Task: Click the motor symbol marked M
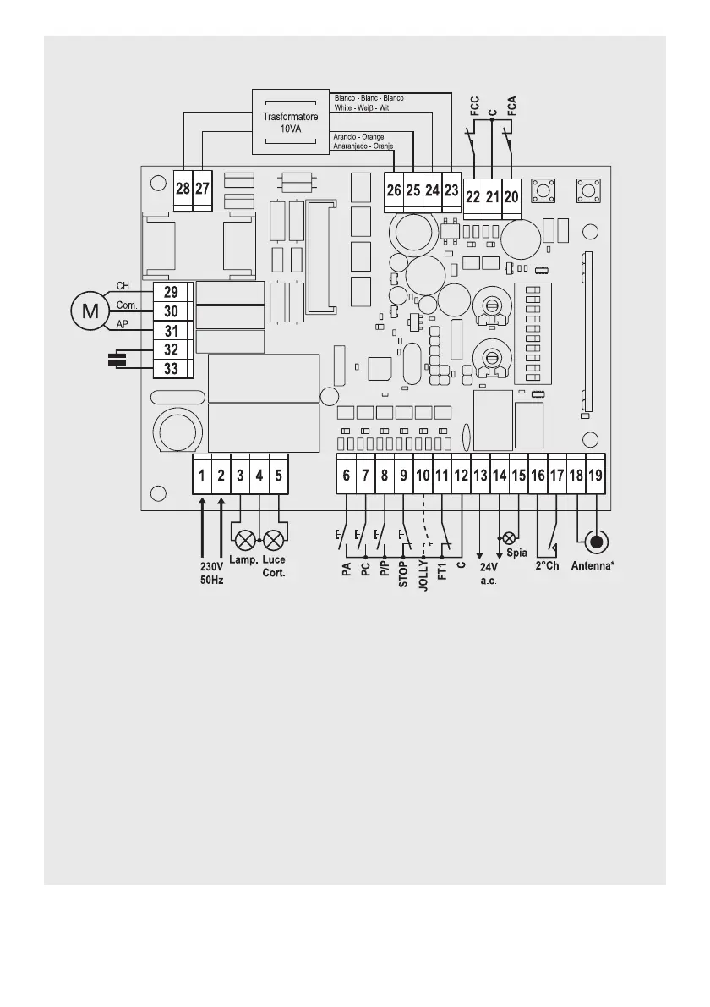88,311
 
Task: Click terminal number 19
595,476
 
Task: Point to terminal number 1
201,476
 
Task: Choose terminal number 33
171,368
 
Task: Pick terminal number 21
493,197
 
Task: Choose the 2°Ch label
547,566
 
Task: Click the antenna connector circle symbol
597,542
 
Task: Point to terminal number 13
480,476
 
